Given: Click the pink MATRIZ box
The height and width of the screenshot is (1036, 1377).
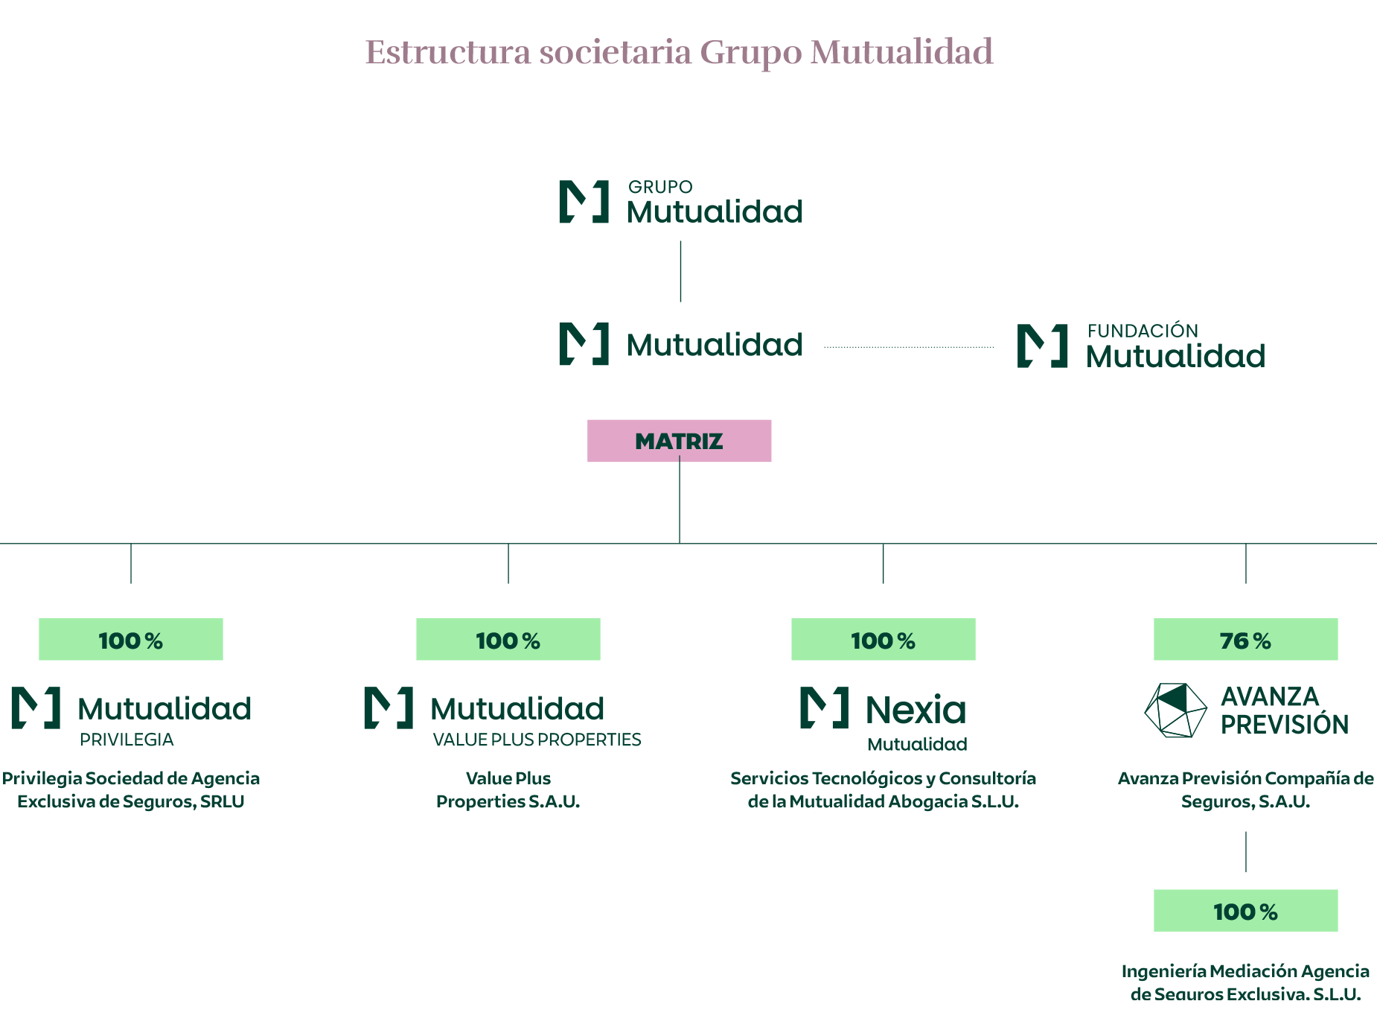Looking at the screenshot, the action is tap(679, 441).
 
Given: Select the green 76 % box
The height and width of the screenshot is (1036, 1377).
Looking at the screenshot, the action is tap(1245, 639).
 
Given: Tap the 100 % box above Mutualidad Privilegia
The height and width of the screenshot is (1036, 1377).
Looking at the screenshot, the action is tap(131, 639).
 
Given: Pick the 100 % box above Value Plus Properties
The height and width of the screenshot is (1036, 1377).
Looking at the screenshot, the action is tap(508, 639).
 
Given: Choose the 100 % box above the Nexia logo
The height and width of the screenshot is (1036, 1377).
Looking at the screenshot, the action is tap(884, 639).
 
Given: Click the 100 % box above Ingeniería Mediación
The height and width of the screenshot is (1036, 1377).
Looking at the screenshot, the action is tap(1245, 910).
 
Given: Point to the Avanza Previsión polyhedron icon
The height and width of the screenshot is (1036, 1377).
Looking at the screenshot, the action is tap(1175, 711).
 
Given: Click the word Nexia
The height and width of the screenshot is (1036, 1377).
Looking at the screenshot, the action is tap(916, 710).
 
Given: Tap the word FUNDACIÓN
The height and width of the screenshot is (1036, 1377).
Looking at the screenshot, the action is tap(1143, 331).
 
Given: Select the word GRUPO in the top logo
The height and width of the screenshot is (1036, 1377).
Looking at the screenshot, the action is tap(660, 187).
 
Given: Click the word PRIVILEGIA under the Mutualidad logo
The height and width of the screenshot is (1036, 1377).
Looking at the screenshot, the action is tap(127, 740).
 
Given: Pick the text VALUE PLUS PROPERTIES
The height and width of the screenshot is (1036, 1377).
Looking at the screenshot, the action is tap(537, 740).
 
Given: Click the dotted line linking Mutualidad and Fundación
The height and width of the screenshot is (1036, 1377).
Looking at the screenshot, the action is tap(909, 347).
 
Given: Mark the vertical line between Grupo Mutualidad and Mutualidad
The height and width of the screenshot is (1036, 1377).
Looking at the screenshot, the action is tap(680, 271).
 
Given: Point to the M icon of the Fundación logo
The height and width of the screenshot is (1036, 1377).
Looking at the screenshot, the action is tap(1042, 346).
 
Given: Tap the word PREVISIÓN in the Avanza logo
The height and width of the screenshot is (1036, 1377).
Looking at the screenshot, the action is tap(1284, 725).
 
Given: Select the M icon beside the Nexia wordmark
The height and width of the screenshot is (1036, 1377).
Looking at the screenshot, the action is tap(824, 708).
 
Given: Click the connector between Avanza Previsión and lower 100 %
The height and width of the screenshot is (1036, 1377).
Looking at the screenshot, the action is tap(1246, 852).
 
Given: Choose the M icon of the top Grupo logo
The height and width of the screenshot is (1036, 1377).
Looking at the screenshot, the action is tap(584, 202).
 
